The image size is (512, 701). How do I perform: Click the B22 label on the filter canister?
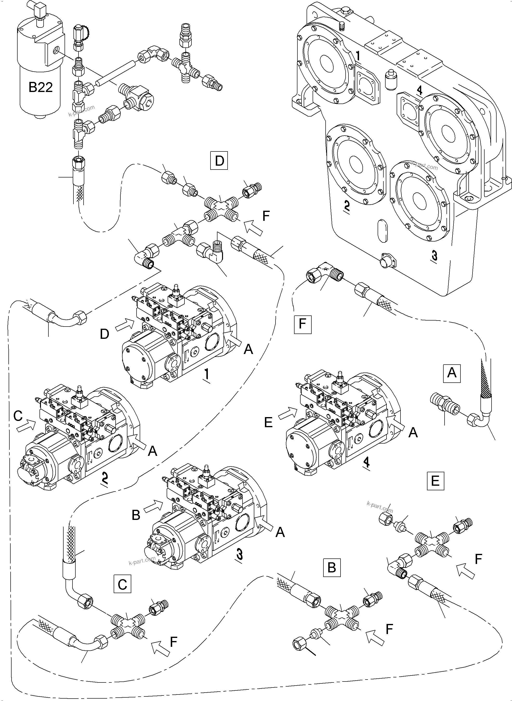pos(41,87)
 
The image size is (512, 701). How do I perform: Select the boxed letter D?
pos(219,161)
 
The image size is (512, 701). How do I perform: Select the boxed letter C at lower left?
pos(122,584)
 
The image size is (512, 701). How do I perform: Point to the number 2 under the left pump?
pos(105,480)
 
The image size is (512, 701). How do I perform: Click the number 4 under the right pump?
pos(366,463)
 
